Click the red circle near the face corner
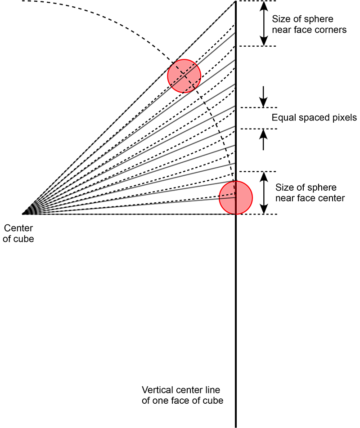[184, 76]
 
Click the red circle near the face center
[236, 198]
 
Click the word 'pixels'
[344, 118]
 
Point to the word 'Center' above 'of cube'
[18, 228]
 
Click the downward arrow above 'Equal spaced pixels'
[263, 97]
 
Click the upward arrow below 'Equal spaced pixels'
[263, 139]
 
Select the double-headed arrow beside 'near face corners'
[264, 23]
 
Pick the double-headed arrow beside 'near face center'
[264, 193]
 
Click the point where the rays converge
[22, 214]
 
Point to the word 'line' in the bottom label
[212, 390]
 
